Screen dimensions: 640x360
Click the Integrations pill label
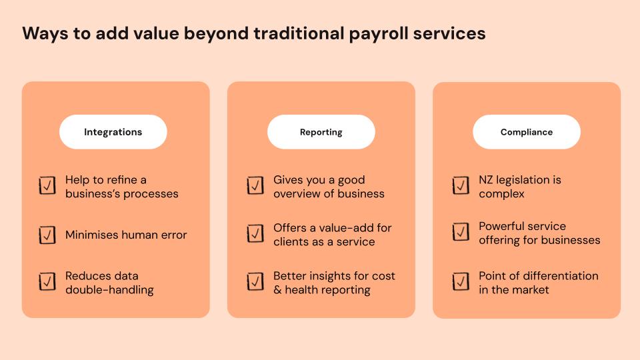113,132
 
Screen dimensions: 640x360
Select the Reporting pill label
321,132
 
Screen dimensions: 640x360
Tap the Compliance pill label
527,132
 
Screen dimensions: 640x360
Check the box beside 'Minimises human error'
47,235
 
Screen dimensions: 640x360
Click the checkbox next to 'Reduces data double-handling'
47,281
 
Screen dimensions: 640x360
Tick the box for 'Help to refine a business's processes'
47,185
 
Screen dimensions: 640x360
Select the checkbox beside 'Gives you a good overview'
255,185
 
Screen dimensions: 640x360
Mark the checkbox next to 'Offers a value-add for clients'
255,233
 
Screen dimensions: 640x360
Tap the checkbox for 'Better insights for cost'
255,281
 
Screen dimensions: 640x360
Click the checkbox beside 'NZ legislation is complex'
461,185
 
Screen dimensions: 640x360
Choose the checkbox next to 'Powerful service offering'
461,232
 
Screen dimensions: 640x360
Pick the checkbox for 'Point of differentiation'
461,281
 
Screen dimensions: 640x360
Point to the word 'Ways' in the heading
45,33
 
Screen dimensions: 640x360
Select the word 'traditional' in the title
299,33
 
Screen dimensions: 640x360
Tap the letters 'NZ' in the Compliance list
486,180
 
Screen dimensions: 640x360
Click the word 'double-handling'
109,290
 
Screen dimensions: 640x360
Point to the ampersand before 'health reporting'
277,290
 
